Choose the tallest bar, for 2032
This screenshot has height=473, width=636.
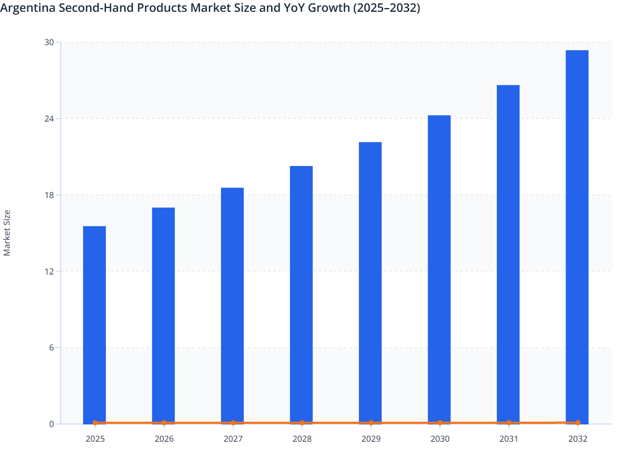577,236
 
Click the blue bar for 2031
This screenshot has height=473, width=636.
508,254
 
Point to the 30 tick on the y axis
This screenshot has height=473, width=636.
49,42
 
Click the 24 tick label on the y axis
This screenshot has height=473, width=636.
49,119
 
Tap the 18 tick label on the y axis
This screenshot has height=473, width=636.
49,195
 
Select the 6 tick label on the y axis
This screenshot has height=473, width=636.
51,348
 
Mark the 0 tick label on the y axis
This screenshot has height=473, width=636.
51,424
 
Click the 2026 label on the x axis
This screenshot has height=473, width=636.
164,439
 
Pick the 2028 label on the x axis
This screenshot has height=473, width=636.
302,439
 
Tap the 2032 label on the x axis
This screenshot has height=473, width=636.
578,439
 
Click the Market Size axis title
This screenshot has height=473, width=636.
7,233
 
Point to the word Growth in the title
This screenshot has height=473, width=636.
332,8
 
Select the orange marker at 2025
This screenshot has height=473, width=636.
95,423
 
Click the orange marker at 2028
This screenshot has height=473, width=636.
302,423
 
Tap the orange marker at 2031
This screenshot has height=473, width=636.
509,423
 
